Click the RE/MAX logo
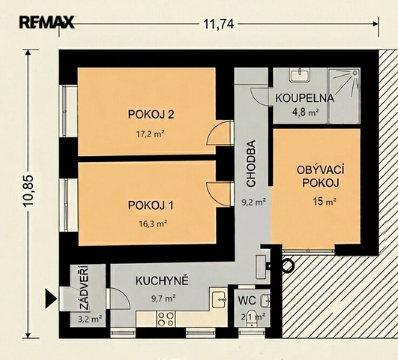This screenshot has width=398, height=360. (46, 22)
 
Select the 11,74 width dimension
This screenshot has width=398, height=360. (219, 24)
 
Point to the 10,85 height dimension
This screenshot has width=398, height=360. (28, 191)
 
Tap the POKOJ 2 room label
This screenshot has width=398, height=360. (151, 114)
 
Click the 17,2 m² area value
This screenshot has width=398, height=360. (151, 133)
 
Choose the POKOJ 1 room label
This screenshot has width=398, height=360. (151, 205)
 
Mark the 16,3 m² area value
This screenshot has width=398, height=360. (153, 224)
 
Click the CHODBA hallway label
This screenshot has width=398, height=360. (251, 163)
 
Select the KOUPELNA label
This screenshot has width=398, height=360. (304, 98)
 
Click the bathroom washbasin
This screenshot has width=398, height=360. (300, 75)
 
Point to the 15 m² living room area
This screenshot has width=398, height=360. (325, 202)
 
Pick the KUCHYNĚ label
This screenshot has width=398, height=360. (162, 281)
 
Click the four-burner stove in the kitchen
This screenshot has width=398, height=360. (166, 319)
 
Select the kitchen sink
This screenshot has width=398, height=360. (219, 299)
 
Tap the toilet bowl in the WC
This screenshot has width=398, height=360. (252, 317)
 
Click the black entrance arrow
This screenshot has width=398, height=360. (51, 298)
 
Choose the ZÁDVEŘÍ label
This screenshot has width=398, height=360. (84, 287)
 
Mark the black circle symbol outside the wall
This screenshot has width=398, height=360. (288, 266)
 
